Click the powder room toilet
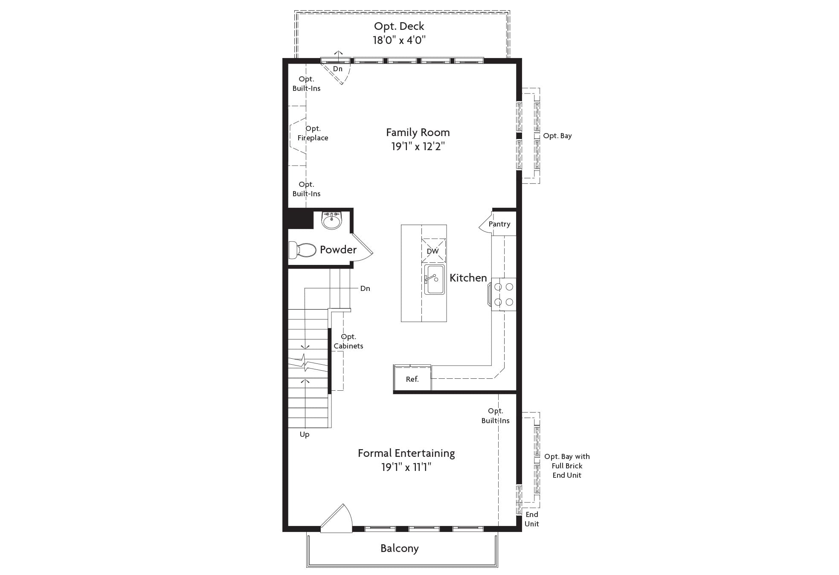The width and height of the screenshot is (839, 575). [x=302, y=250]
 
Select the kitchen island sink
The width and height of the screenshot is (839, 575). [x=434, y=279]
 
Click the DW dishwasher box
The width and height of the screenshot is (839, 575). [x=433, y=251]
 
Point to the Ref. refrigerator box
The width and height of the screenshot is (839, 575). [x=412, y=379]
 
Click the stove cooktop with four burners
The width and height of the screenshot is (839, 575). [x=503, y=294]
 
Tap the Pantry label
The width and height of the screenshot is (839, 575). [x=499, y=224]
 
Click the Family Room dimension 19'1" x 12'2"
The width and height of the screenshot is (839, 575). [x=418, y=147]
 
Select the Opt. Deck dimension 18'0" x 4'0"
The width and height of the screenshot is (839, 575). [x=399, y=40]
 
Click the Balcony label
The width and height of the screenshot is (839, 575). [x=400, y=549]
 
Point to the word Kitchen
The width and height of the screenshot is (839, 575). [x=468, y=278]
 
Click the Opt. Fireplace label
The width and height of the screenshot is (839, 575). [x=313, y=133]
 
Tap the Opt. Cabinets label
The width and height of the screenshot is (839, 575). [x=348, y=341]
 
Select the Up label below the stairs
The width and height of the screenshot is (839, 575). [x=305, y=435]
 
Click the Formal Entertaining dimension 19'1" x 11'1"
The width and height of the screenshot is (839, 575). [x=406, y=468]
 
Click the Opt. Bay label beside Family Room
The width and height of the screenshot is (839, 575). [x=557, y=136]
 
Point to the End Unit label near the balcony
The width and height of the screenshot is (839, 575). [x=532, y=519]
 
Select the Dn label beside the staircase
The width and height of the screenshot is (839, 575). [x=365, y=289]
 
